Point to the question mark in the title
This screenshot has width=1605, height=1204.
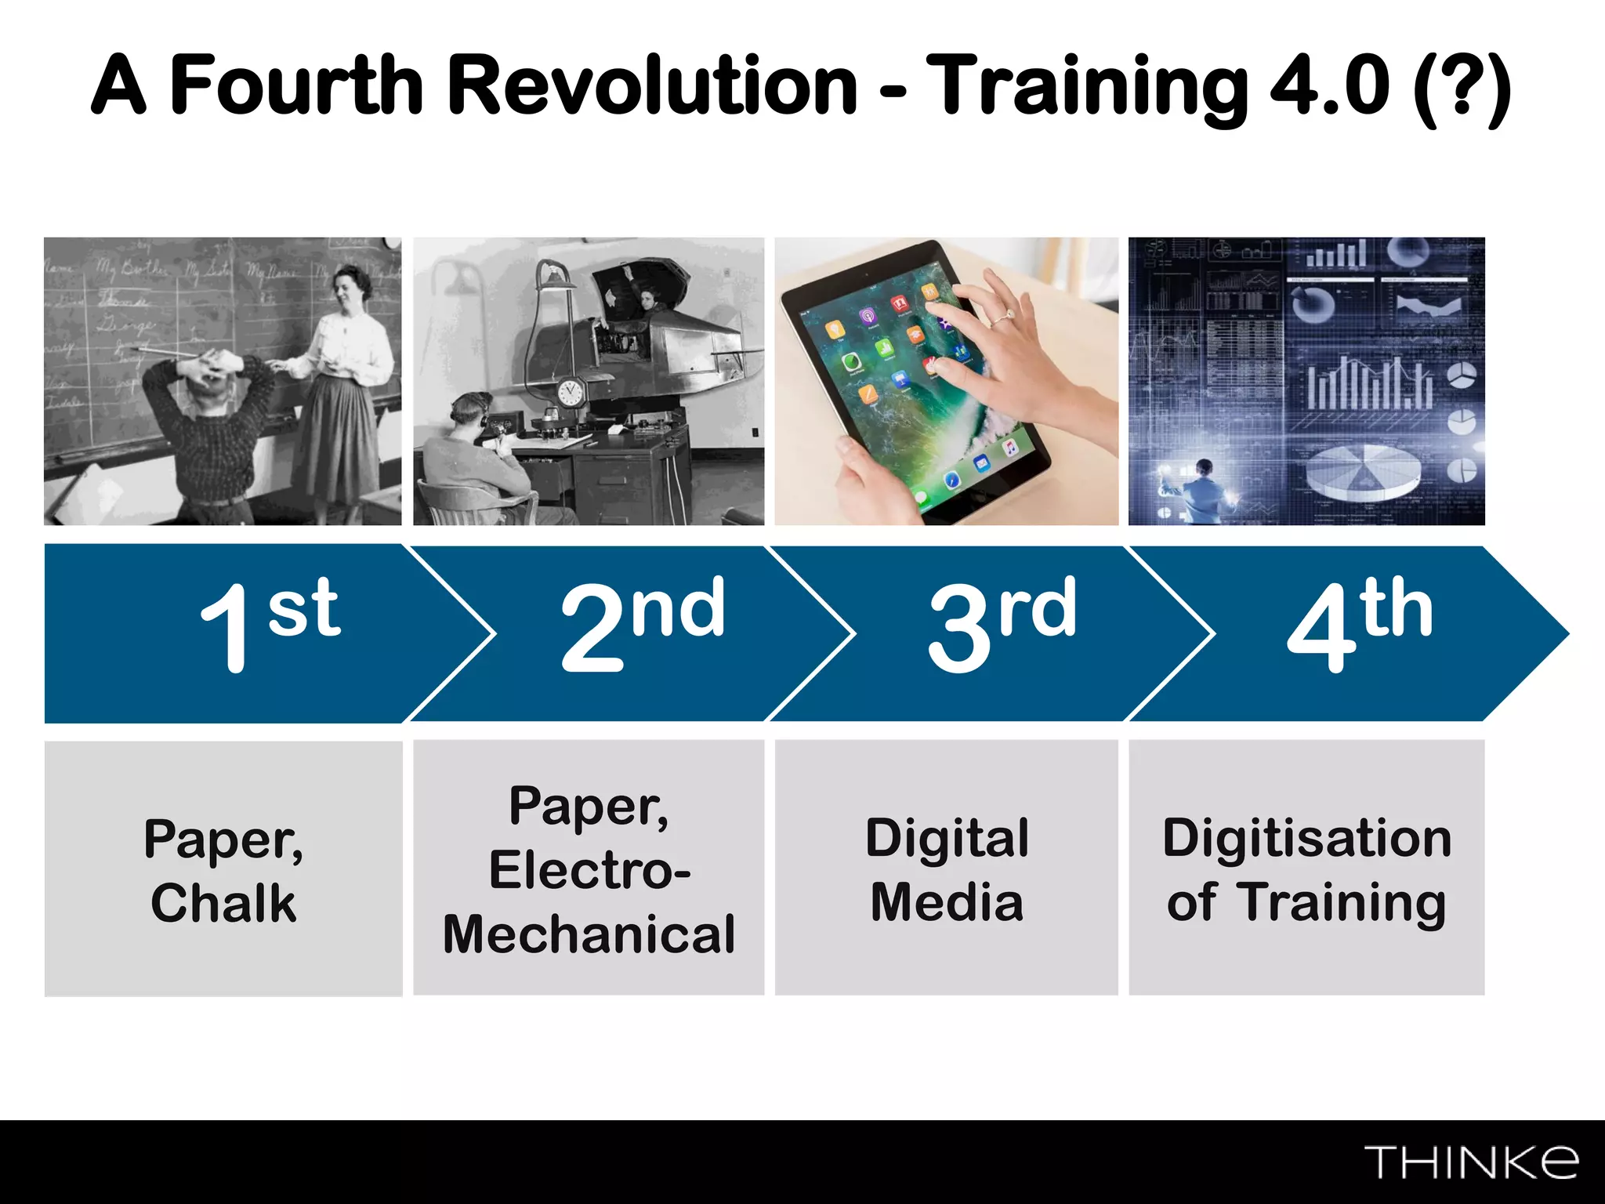(x=1462, y=86)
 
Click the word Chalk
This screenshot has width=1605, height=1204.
(x=223, y=903)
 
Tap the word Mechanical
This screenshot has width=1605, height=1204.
(x=589, y=934)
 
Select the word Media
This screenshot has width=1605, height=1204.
(x=947, y=902)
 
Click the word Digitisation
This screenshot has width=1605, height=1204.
(x=1306, y=838)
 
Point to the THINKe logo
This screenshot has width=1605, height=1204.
(x=1471, y=1162)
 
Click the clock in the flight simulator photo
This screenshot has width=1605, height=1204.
(x=570, y=391)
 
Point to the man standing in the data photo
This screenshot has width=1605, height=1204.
(x=1202, y=490)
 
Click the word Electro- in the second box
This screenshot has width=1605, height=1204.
(x=589, y=870)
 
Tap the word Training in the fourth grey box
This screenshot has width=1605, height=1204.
(x=1341, y=903)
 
